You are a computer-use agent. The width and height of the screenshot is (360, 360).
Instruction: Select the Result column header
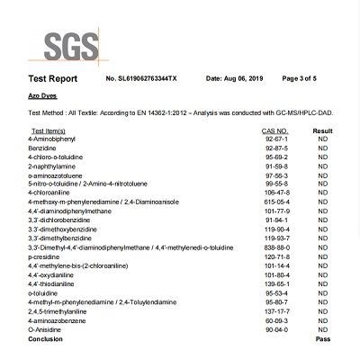(x=322, y=131)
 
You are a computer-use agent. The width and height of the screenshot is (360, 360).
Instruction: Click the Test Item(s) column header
(x=48, y=131)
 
